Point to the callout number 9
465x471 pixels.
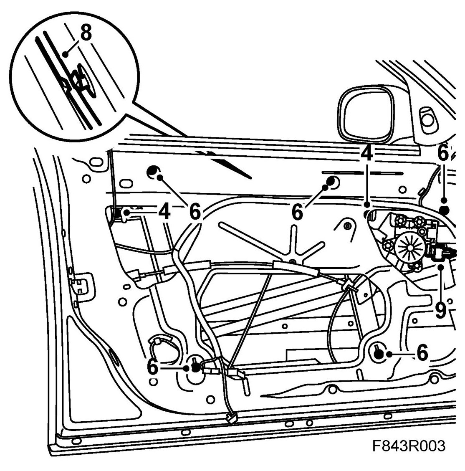pyautogui.click(x=440, y=310)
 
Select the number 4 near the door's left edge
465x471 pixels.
pyautogui.click(x=164, y=212)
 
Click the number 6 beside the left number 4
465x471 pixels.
pyautogui.click(x=195, y=212)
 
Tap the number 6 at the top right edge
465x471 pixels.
pyautogui.click(x=443, y=153)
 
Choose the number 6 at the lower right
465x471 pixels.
pyautogui.click(x=422, y=354)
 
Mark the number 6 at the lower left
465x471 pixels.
pyautogui.click(x=153, y=367)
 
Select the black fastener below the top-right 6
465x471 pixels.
pyautogui.click(x=444, y=210)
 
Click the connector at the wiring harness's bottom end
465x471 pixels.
pyautogui.click(x=230, y=417)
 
